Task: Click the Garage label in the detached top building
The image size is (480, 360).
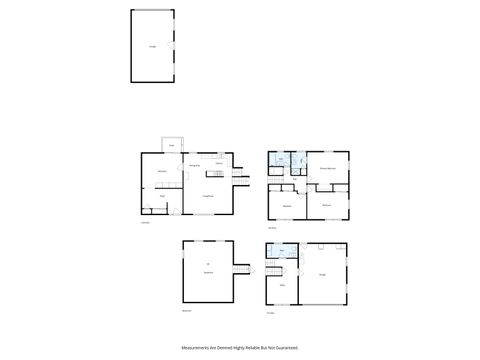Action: [x=152, y=47]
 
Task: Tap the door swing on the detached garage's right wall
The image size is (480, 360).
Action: [x=172, y=46]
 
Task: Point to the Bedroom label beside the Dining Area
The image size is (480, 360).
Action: [x=162, y=172]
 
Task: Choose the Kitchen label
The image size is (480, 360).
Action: [x=218, y=163]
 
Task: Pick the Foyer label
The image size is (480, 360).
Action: [x=162, y=197]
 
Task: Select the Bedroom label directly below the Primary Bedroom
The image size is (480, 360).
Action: [x=326, y=206]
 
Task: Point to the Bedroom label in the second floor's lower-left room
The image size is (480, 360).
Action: [x=287, y=206]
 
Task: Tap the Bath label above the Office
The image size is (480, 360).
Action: [x=281, y=251]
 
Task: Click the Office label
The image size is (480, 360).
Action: [x=281, y=285]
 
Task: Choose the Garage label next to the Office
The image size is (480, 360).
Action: [x=322, y=274]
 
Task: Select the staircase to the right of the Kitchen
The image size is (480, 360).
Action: [x=240, y=176]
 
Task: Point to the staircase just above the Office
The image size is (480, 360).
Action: [x=273, y=271]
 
